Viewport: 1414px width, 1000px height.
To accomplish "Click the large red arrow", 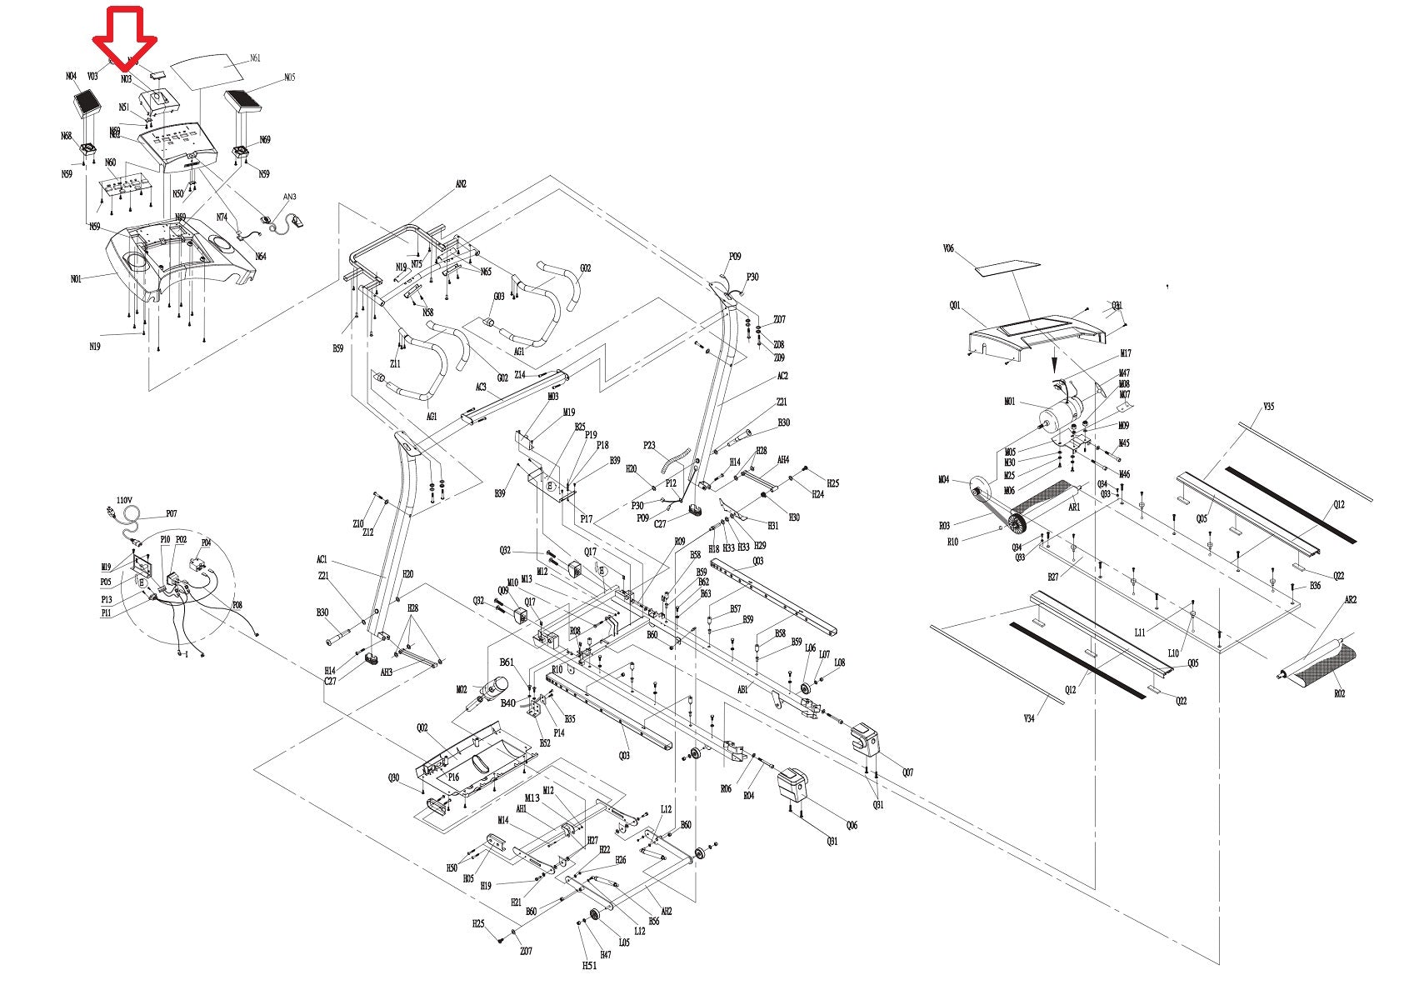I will pos(124,37).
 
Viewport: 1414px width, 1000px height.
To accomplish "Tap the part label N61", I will pos(255,58).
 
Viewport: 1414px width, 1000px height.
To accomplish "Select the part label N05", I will pos(289,77).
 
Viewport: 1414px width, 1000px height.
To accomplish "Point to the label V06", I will pos(948,248).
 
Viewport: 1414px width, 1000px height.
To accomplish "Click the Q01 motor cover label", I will pos(954,306).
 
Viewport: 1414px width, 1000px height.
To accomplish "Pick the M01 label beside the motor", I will pos(1010,402).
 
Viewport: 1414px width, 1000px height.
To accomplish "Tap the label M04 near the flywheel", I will pos(943,479).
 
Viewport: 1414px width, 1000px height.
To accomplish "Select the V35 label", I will pos(1268,407).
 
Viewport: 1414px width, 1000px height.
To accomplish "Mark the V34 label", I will pos(1029,718).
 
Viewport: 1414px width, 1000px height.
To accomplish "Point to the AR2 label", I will pos(1351,600).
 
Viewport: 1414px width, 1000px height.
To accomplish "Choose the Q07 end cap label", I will pos(907,772).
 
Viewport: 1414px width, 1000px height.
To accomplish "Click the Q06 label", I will pos(851,825).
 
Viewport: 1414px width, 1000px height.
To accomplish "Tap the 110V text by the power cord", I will pos(124,500).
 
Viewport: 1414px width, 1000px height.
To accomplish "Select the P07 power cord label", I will pos(171,514).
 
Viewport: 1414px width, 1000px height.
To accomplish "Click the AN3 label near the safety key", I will pos(289,197).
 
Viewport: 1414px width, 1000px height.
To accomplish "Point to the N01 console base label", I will pos(76,279).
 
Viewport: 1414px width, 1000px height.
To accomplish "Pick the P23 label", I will pos(649,446).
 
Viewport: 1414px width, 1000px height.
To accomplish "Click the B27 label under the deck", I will pos(1053,577).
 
